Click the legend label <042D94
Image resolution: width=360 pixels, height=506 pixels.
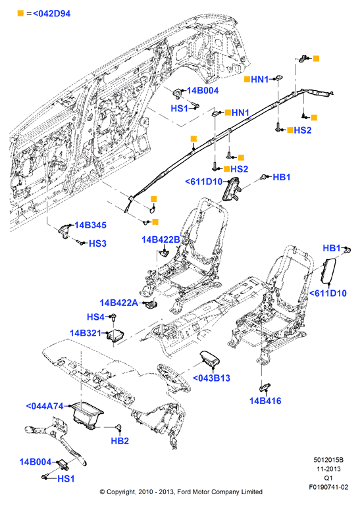pos(51,14)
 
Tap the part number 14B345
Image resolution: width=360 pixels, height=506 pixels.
pos(90,225)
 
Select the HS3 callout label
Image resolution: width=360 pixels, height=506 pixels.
pos(97,243)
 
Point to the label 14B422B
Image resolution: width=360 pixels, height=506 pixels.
pos(161,240)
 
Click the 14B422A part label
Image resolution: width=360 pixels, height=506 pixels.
pos(119,303)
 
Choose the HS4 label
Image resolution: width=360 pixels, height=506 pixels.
pos(95,317)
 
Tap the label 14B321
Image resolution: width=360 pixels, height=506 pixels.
pos(86,333)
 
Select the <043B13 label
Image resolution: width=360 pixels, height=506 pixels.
pos(211,378)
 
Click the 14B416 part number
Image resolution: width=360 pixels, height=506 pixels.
pos(265,401)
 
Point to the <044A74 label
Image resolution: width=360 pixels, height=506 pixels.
pos(45,406)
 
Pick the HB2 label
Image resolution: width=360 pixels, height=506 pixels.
pos(120,441)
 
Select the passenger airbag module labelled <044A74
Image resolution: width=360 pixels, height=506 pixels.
pos(87,415)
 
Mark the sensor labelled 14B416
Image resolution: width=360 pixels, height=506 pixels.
pos(265,386)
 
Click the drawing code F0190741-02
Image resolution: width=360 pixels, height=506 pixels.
pos(328,487)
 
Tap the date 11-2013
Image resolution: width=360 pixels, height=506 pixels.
pos(328,469)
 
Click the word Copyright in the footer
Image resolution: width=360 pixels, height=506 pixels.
pos(121,492)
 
